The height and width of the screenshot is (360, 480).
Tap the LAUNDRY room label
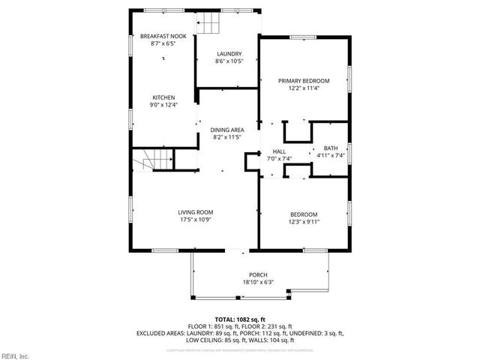pos(229,54)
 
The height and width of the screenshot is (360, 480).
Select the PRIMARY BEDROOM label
pos(304,80)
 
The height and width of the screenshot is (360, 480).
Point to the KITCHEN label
pos(163,97)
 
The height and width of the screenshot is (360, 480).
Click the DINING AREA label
pos(226,130)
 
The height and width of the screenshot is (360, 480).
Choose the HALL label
pos(279,151)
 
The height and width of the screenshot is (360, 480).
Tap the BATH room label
pos(330,148)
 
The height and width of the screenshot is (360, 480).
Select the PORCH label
pos(258,274)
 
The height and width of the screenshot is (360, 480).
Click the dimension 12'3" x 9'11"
pos(304,221)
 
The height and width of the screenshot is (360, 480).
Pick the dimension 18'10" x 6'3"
pos(258,282)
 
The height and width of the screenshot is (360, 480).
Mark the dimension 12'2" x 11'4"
pos(304,88)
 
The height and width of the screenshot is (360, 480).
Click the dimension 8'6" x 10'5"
pos(229,61)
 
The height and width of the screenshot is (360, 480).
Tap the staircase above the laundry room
pos(210,25)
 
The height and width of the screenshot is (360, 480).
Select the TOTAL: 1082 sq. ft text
pos(240,319)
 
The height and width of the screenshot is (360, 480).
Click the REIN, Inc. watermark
pos(15,355)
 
